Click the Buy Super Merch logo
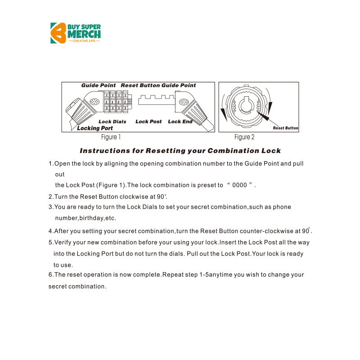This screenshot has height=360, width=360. pos(75,33)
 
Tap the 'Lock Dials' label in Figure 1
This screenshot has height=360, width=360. pos(112,121)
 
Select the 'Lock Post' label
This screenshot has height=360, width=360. pos(148,121)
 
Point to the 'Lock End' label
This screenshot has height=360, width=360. pos(180,121)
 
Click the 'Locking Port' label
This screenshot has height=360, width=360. pos(95,128)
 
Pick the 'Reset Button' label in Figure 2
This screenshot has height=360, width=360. pos(286,128)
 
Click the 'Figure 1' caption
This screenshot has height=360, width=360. pos(111,137)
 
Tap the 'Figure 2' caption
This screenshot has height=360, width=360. pos(244,137)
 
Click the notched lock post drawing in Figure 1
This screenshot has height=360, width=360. pos(156,99)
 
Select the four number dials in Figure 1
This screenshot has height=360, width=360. pos(116,102)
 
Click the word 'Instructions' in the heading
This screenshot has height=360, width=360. pos(104,151)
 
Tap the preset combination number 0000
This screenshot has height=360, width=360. pos(239,185)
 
